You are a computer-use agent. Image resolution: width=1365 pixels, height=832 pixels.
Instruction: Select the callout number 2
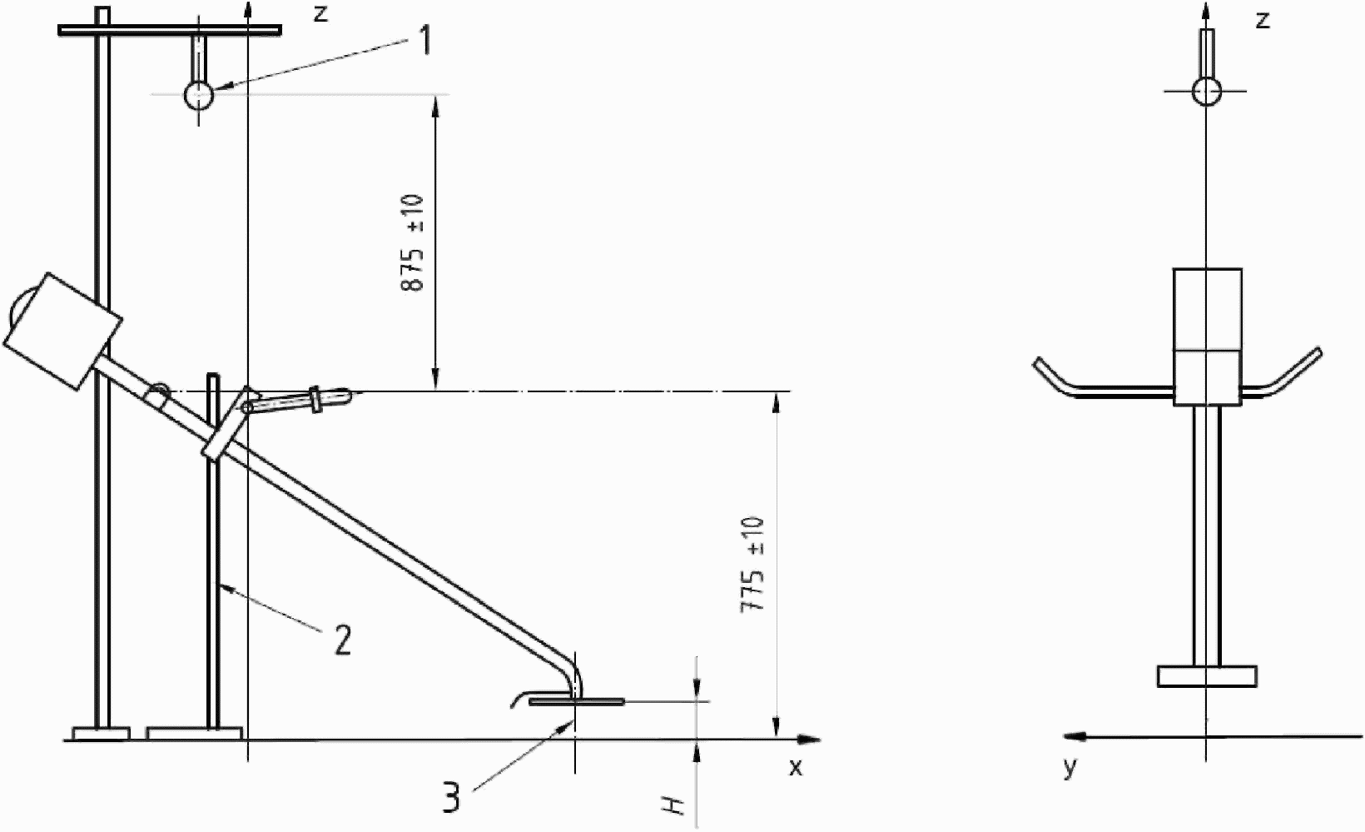click(343, 640)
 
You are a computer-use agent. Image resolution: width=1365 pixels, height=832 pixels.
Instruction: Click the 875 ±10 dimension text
click(413, 242)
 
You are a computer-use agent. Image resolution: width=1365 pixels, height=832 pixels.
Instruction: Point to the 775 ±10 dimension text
click(752, 565)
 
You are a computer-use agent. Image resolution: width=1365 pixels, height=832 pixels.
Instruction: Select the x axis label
click(796, 767)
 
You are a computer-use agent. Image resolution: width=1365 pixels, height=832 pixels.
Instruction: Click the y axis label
click(1070, 768)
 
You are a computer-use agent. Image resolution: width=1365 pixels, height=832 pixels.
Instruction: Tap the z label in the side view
click(320, 13)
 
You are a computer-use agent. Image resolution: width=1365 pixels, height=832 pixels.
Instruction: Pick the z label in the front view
click(1263, 20)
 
